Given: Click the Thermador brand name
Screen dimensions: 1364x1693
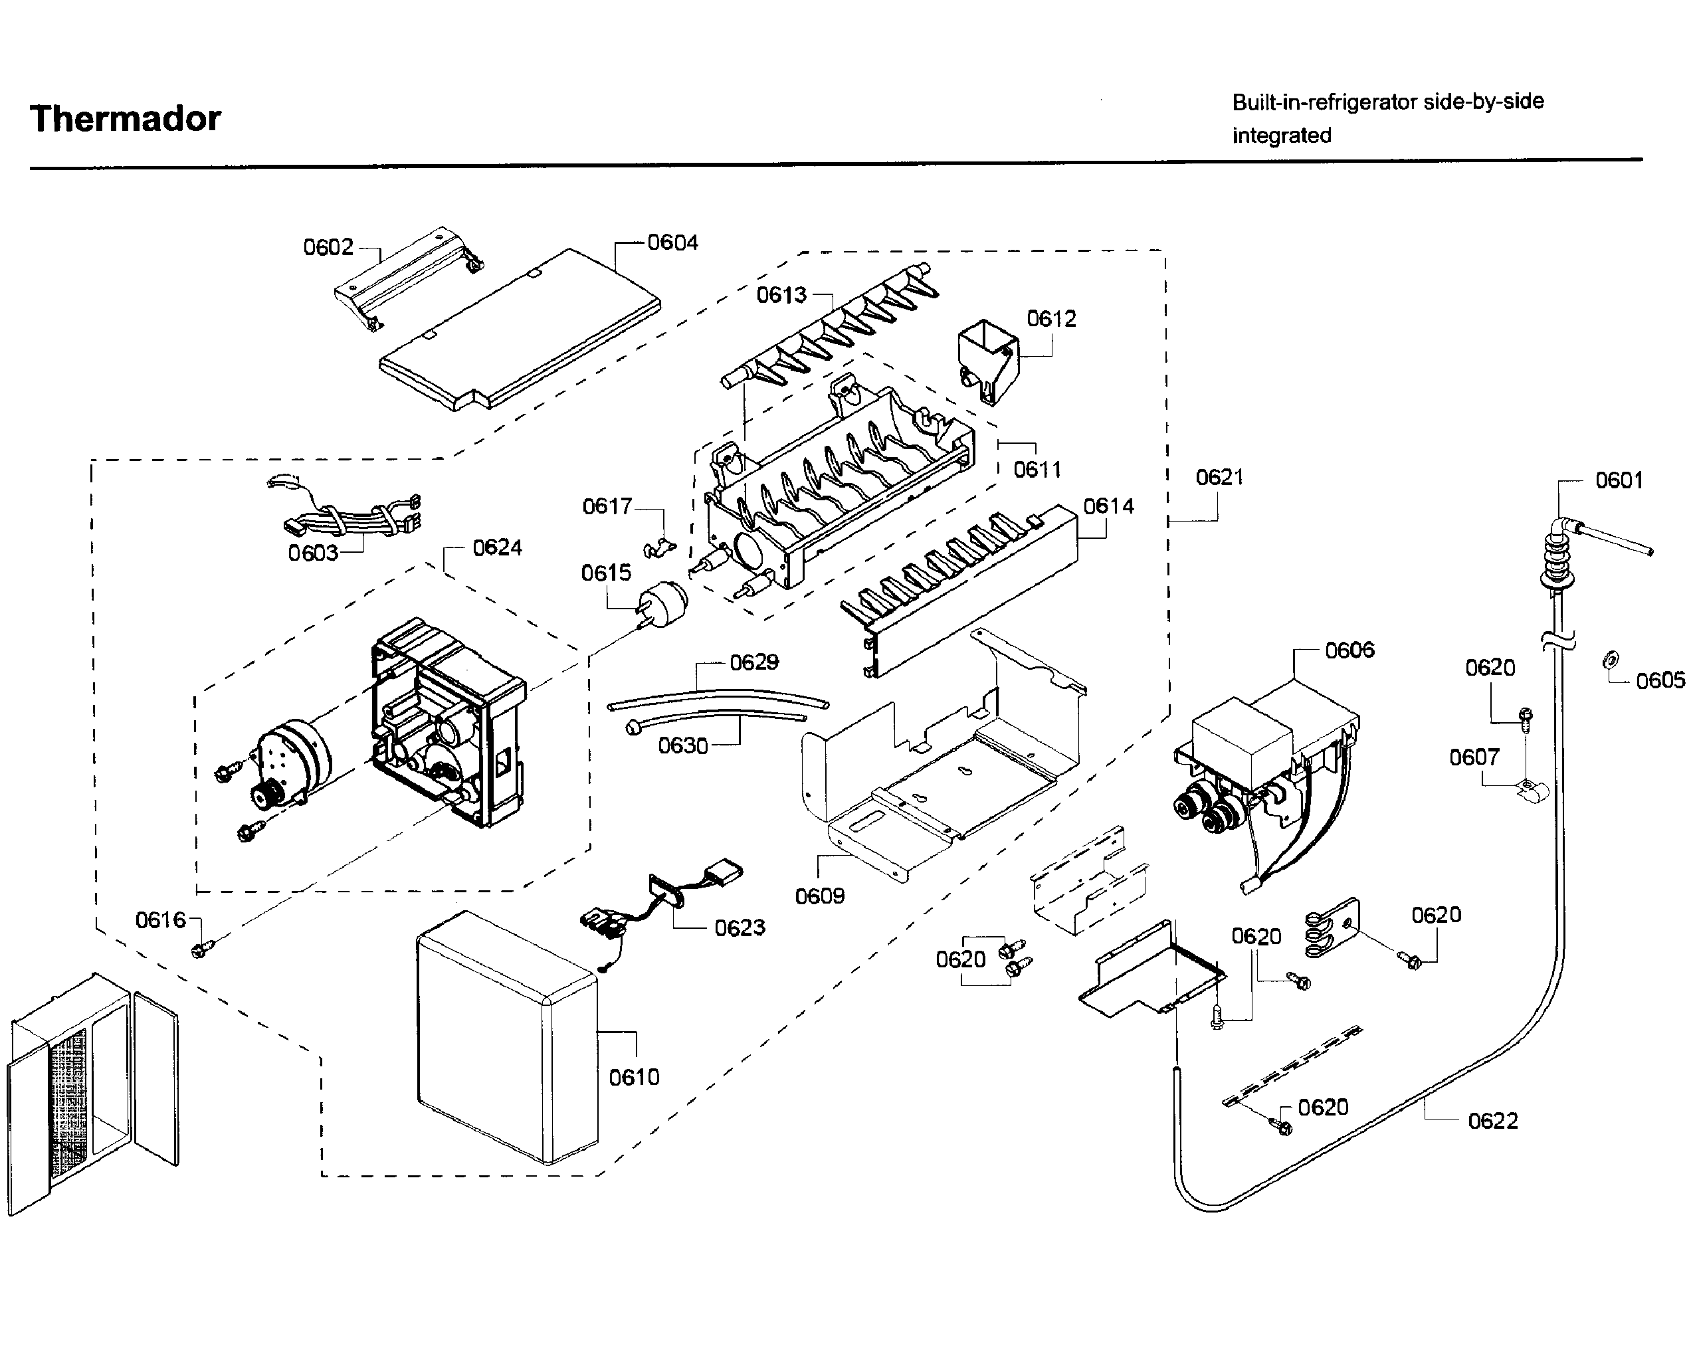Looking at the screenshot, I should click(125, 119).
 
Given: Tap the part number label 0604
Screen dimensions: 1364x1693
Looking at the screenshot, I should click(672, 242).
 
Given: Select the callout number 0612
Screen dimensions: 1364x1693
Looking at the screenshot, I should click(1051, 318).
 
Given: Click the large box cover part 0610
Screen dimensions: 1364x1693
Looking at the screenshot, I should click(507, 1037).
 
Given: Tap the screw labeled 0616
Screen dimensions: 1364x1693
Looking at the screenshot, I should click(199, 951).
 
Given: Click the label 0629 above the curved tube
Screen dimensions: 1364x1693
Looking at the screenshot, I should click(753, 662).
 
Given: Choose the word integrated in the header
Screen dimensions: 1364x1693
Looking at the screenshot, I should click(1281, 135).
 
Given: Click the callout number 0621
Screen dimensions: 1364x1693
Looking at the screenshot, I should click(1219, 477).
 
